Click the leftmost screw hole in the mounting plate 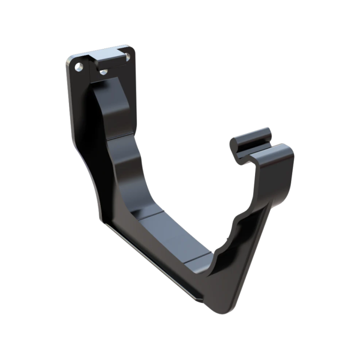(x=78, y=67)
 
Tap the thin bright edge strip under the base (x=154, y=262)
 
